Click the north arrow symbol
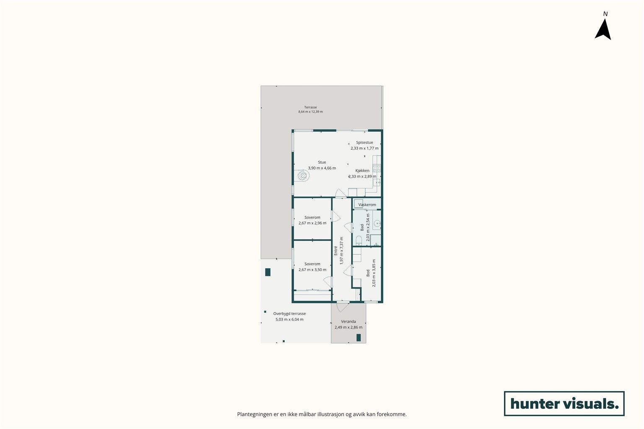(x=603, y=29)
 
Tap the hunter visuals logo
(x=564, y=403)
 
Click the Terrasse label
(x=311, y=107)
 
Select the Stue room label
(x=322, y=162)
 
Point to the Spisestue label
(x=364, y=142)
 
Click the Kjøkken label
(x=362, y=171)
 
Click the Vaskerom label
(x=367, y=205)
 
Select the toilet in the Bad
(x=358, y=240)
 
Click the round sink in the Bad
(x=377, y=223)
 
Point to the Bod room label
(x=368, y=273)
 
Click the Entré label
(x=335, y=251)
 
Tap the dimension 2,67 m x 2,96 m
(x=312, y=223)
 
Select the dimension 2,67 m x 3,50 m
(x=312, y=270)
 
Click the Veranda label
(x=348, y=321)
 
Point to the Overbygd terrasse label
(x=290, y=314)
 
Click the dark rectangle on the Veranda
(x=358, y=338)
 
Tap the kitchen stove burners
(x=377, y=168)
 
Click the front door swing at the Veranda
(x=343, y=307)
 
